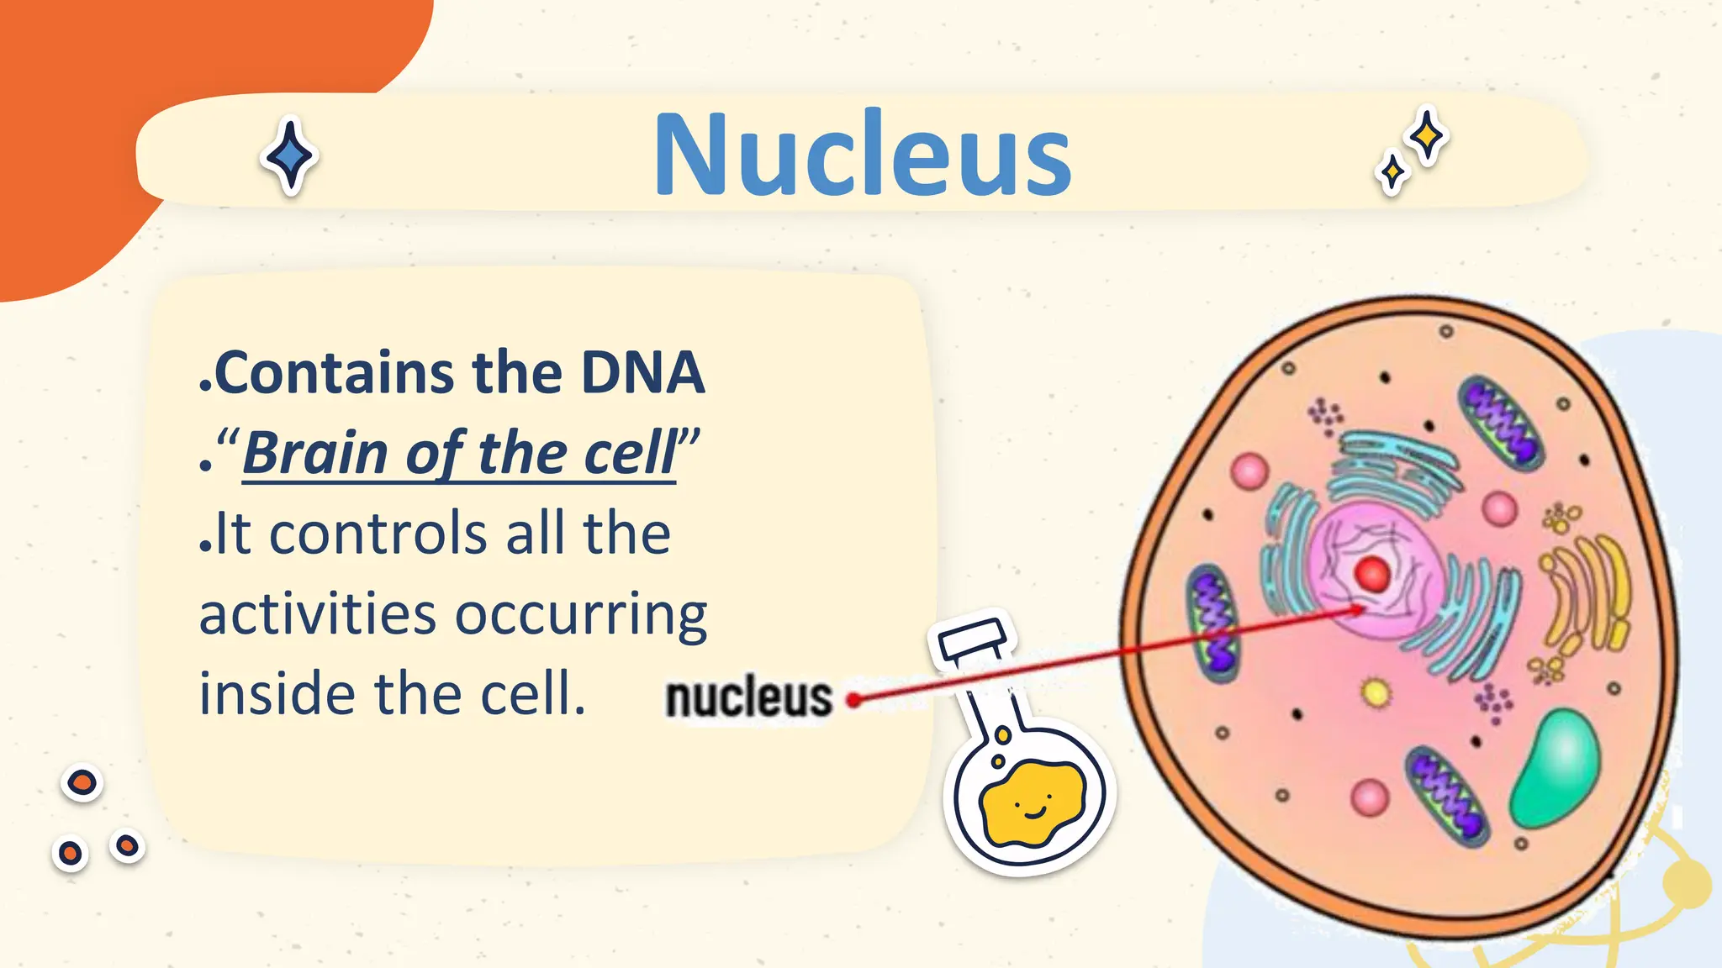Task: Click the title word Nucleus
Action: coord(862,155)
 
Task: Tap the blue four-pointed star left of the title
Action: coord(289,156)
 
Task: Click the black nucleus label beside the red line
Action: coord(748,698)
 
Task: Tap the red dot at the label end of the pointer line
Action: coord(853,699)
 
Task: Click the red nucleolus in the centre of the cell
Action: coord(1372,575)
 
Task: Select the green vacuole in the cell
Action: coord(1556,767)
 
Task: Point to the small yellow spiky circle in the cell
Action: coord(1376,693)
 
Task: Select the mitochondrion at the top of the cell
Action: coord(1500,421)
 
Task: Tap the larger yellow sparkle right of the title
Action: coord(1427,135)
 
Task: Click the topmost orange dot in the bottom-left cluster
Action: coord(82,783)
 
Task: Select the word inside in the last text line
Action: coord(277,695)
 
